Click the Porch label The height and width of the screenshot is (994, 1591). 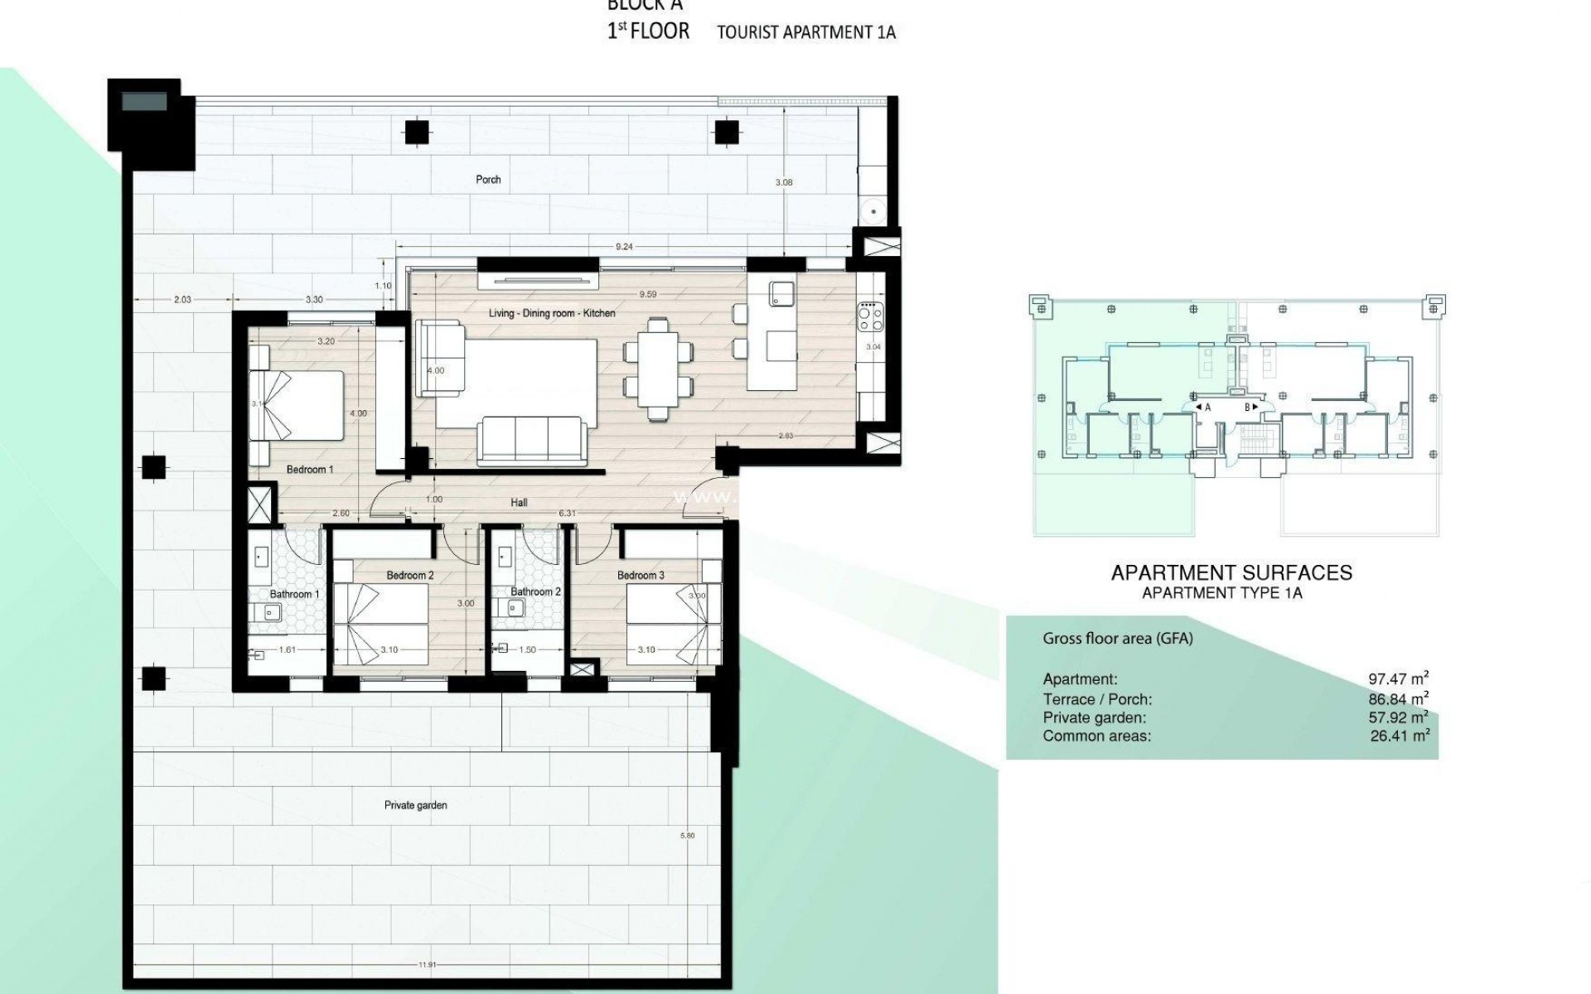488,179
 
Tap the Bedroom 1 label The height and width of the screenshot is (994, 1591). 310,470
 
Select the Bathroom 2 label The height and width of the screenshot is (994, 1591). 535,591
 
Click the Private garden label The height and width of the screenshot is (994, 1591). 415,805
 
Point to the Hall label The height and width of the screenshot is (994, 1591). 519,503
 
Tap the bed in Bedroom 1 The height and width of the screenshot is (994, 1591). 297,405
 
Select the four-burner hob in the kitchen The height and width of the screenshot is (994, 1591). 870,316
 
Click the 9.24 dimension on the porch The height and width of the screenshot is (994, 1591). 624,247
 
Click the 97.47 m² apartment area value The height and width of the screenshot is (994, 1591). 1398,679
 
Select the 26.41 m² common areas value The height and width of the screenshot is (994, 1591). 1400,736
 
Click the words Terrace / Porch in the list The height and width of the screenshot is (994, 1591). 1097,699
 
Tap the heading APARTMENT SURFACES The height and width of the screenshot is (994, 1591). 1231,572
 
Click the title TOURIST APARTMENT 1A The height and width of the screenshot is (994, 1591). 806,33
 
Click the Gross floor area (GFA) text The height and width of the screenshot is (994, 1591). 1117,639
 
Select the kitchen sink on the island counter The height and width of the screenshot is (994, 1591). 781,293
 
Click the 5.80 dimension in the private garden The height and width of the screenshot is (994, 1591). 687,836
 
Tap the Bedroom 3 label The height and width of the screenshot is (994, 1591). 641,575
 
